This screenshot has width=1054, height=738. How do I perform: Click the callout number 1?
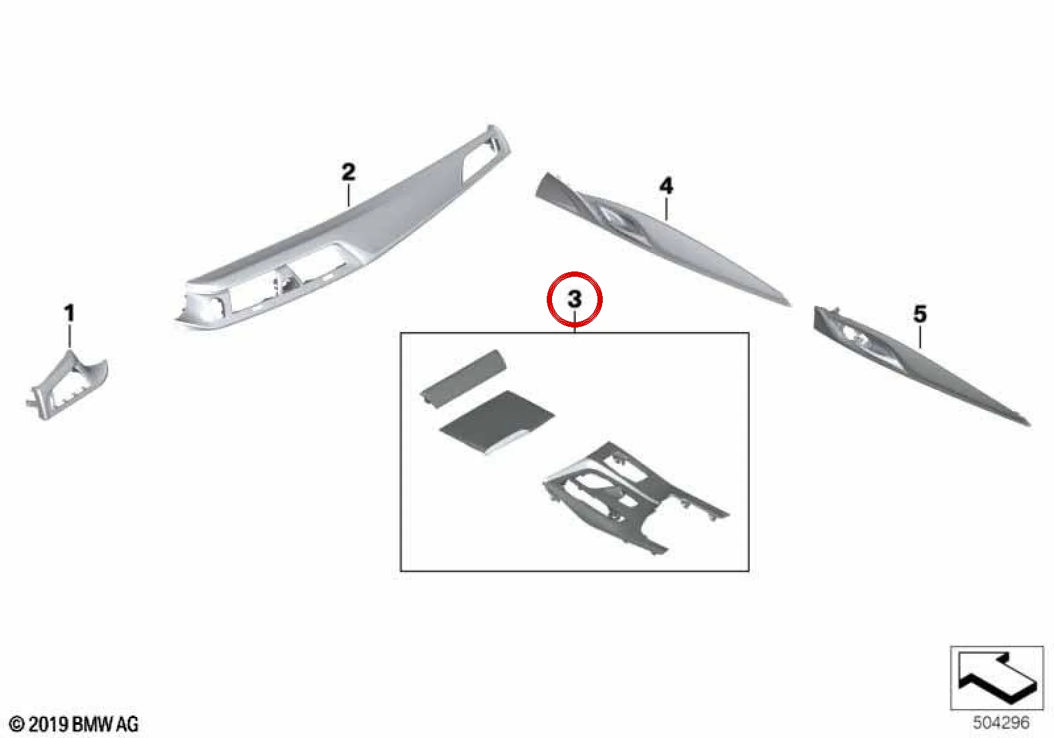pos(69,313)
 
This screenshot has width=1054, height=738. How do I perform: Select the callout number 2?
pos(348,172)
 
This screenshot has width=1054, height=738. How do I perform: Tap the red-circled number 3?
pos(574,299)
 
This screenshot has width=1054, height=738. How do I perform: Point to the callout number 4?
pos(666,186)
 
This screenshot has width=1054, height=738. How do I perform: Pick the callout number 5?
pos(920,314)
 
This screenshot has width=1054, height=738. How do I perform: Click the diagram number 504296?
pos(1001,722)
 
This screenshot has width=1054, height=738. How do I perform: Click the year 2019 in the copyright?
pos(47,724)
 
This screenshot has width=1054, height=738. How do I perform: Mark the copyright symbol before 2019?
pos(16,724)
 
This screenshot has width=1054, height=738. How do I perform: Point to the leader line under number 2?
pos(348,196)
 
